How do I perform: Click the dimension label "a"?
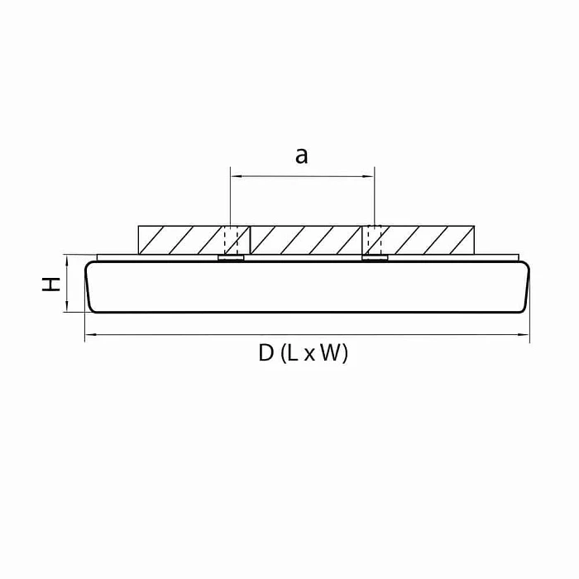click(x=302, y=155)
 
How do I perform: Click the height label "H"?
click(x=52, y=284)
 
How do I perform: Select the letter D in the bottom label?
click(x=266, y=354)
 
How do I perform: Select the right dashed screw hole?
click(x=375, y=240)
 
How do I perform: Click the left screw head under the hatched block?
click(x=231, y=259)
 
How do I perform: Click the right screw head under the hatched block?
click(x=375, y=259)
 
